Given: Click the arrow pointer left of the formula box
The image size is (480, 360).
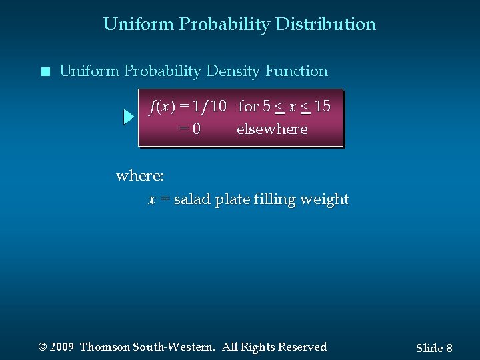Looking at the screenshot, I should click(x=129, y=117).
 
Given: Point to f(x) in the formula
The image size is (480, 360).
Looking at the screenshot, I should click(x=162, y=107).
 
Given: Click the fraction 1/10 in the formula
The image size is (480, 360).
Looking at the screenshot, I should click(x=209, y=107).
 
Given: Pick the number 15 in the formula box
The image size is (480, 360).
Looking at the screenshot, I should click(x=322, y=107).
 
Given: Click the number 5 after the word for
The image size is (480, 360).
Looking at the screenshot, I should click(x=267, y=107).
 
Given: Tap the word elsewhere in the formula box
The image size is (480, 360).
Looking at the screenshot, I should click(x=272, y=129).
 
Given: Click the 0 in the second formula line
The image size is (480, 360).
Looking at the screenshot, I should click(x=196, y=129).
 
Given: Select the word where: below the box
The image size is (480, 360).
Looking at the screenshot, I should click(x=140, y=176).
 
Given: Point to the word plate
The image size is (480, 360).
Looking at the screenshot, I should click(x=232, y=199).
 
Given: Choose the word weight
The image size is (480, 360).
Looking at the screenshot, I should click(x=325, y=199).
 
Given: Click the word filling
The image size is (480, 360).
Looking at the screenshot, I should click(x=275, y=199).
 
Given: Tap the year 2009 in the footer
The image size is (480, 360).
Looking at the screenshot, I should click(x=61, y=347).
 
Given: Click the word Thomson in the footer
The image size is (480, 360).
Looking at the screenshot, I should click(x=105, y=347).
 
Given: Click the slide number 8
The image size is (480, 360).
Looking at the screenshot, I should click(x=449, y=348).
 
